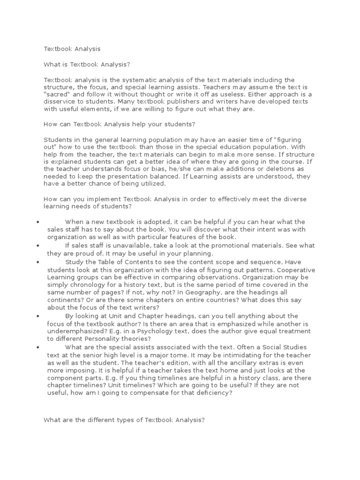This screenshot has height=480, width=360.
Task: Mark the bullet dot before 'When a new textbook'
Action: pos(36,222)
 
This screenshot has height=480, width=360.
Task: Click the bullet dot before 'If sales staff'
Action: pos(36,245)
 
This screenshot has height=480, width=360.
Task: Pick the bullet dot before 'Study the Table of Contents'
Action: pos(36,262)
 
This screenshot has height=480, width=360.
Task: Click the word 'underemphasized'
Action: pos(73,324)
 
